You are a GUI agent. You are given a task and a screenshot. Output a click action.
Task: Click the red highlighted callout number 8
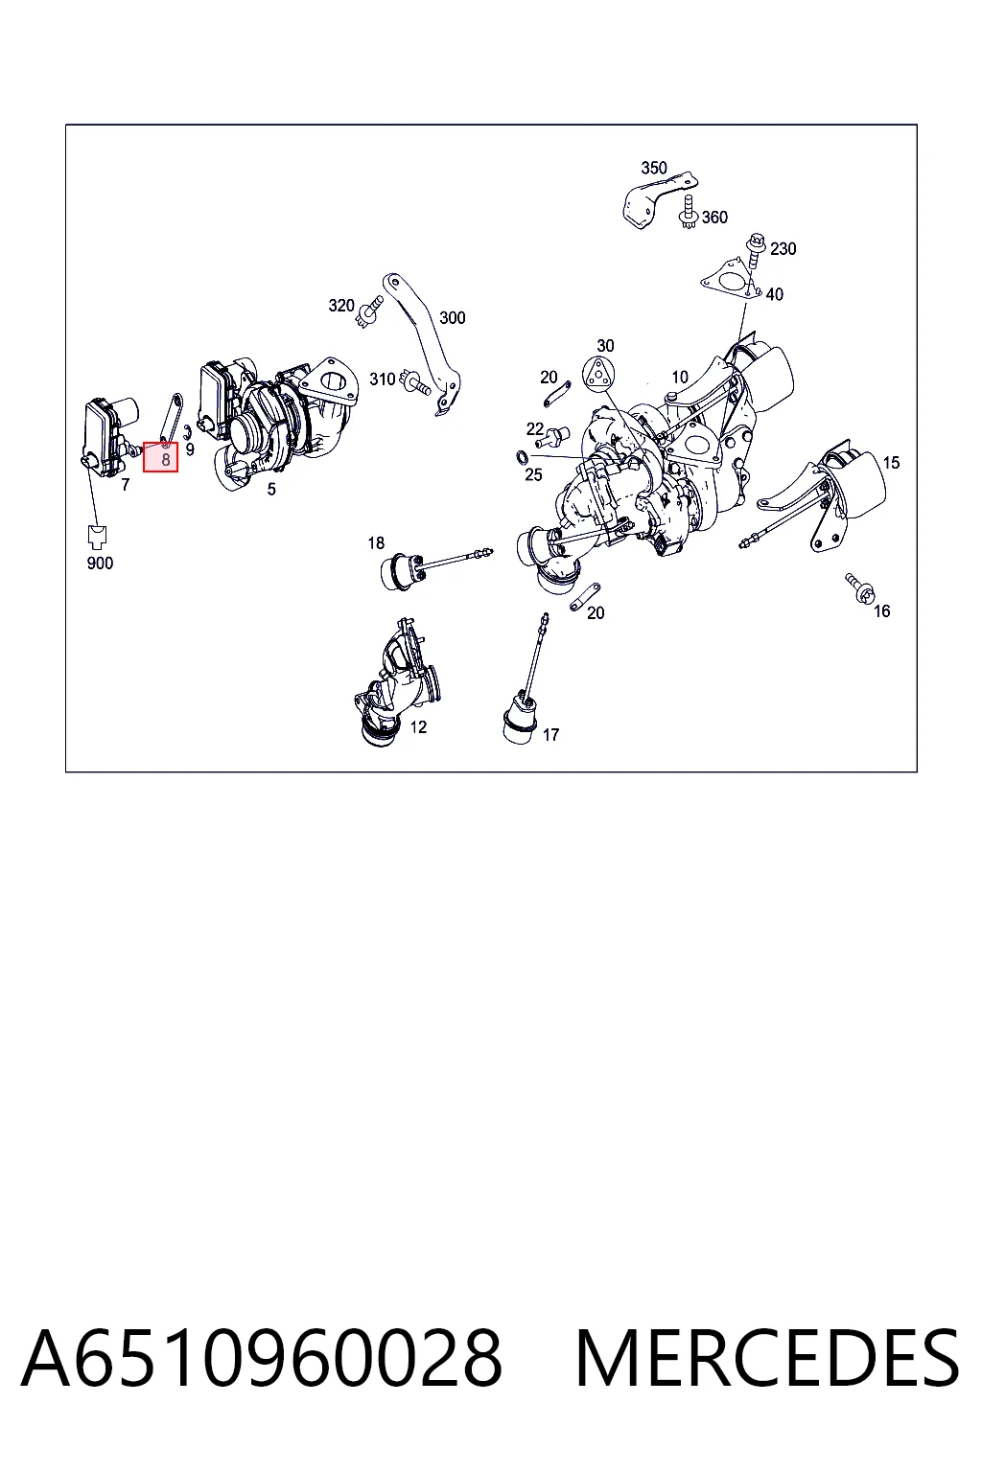[160, 457]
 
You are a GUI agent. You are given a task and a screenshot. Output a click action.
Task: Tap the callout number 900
[100, 563]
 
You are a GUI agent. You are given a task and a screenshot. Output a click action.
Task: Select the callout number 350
[654, 168]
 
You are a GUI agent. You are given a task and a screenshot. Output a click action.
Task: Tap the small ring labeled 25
[522, 456]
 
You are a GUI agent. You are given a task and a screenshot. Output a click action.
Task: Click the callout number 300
[453, 318]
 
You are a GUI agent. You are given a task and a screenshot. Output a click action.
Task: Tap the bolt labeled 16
[859, 587]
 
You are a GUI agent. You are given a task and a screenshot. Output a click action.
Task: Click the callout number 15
[891, 463]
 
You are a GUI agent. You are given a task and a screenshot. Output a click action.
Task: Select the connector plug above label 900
[98, 537]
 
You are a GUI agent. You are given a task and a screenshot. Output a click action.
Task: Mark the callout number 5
[271, 489]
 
